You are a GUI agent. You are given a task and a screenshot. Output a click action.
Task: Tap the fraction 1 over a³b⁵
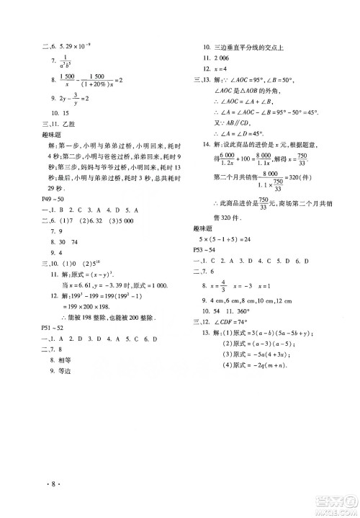68,61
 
